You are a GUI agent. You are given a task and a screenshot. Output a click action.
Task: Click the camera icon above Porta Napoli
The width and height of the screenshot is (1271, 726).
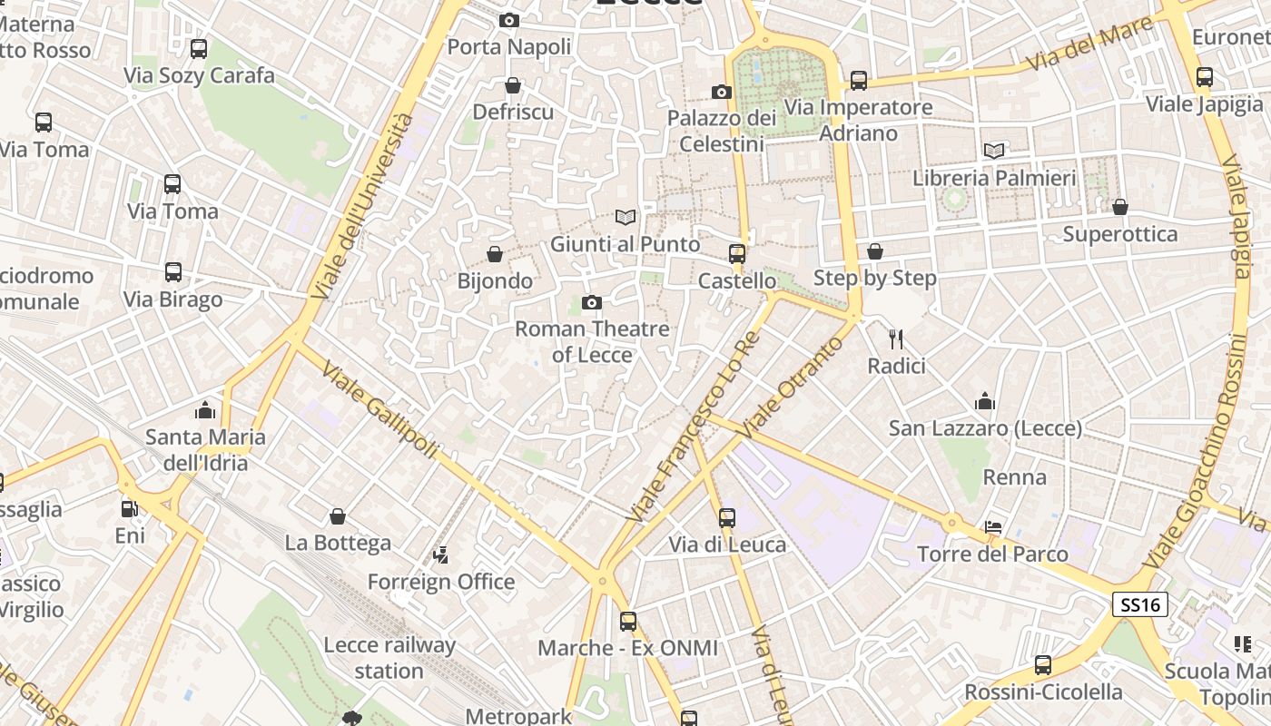509,20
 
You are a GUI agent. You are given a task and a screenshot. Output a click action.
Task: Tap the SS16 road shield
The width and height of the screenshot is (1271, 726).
1139,604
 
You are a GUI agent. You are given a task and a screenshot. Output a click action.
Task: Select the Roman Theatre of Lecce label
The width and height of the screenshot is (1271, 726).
592,341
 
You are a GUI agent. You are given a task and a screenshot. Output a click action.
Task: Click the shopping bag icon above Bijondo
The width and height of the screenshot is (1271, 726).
495,254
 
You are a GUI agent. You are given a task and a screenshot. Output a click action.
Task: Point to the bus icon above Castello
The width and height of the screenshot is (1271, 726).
737,254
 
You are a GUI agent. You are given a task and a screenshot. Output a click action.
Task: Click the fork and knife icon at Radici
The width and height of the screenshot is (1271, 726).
896,339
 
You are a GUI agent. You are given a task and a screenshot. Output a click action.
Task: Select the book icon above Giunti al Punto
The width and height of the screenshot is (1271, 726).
625,217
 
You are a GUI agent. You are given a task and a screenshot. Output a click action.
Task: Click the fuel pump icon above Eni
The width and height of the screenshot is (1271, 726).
130,509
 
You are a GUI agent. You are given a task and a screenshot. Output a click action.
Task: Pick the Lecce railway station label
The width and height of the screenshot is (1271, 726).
389,658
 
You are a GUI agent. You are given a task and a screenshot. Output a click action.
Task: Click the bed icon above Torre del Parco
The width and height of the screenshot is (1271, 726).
993,527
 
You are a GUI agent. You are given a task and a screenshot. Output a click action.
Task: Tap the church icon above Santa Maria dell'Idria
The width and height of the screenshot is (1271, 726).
205,410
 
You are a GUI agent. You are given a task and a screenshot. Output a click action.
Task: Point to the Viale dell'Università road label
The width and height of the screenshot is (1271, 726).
361,207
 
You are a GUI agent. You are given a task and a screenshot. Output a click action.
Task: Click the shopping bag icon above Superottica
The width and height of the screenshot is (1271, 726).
1120,207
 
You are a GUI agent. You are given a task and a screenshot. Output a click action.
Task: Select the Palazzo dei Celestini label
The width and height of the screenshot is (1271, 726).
722,131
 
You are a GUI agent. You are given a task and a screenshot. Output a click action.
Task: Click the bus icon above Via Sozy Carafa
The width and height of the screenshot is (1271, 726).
199,49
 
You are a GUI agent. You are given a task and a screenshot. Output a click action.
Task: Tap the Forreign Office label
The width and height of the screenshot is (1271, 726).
441,582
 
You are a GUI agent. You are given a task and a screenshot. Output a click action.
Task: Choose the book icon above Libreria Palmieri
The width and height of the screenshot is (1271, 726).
994,151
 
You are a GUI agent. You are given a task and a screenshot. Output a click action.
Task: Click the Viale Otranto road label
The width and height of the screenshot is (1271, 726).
785,387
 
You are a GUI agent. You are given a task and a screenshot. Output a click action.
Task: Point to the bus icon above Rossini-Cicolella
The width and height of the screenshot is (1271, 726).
1043,665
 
